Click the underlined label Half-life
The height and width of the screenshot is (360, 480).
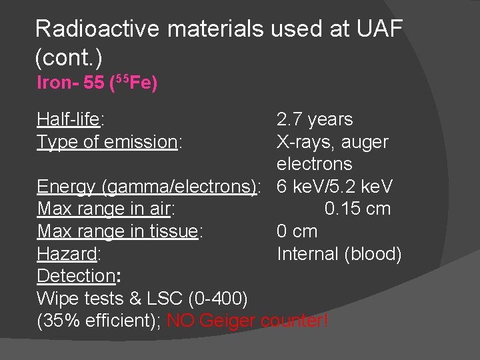point(67,119)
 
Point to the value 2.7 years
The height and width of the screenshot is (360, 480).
point(315,119)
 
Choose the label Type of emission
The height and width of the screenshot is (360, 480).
point(107,142)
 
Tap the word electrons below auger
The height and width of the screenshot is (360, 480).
point(314,164)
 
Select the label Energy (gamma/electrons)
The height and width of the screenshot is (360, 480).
point(147,187)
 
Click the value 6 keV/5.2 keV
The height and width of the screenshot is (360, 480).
point(335,187)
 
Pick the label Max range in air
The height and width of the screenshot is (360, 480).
point(103,209)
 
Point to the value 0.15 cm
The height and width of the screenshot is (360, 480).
point(357,209)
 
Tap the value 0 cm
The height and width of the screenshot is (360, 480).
point(297,231)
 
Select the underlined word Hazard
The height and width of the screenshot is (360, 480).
point(67,254)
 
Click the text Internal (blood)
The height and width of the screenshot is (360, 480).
point(339,254)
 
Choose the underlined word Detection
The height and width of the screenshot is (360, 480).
point(76,276)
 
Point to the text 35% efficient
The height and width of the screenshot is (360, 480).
point(95,321)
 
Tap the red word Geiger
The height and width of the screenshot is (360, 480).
point(227,321)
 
